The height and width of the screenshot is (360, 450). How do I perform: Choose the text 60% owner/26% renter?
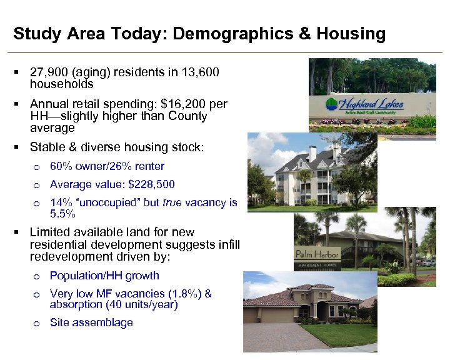pos(107,166)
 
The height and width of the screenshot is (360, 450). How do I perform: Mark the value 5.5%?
pos(62,214)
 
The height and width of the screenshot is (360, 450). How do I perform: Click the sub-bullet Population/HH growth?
pos(104,276)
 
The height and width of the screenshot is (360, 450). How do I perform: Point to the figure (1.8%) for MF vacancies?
pos(178,294)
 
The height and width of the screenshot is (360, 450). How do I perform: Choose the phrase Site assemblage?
pos(91,322)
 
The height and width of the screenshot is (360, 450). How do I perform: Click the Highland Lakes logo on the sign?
pos(366,104)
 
